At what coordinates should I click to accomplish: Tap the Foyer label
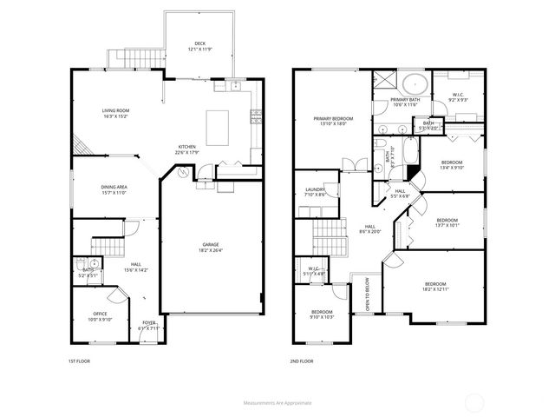[149, 324]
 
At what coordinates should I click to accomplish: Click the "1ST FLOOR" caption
[79, 361]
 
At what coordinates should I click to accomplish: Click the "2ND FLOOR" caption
[302, 361]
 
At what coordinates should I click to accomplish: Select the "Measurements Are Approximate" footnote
[277, 403]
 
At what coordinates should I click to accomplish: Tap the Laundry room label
[315, 192]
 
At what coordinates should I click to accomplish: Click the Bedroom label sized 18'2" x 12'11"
[435, 287]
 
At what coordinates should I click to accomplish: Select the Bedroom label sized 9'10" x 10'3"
[323, 314]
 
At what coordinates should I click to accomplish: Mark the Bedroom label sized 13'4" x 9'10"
[452, 165]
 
